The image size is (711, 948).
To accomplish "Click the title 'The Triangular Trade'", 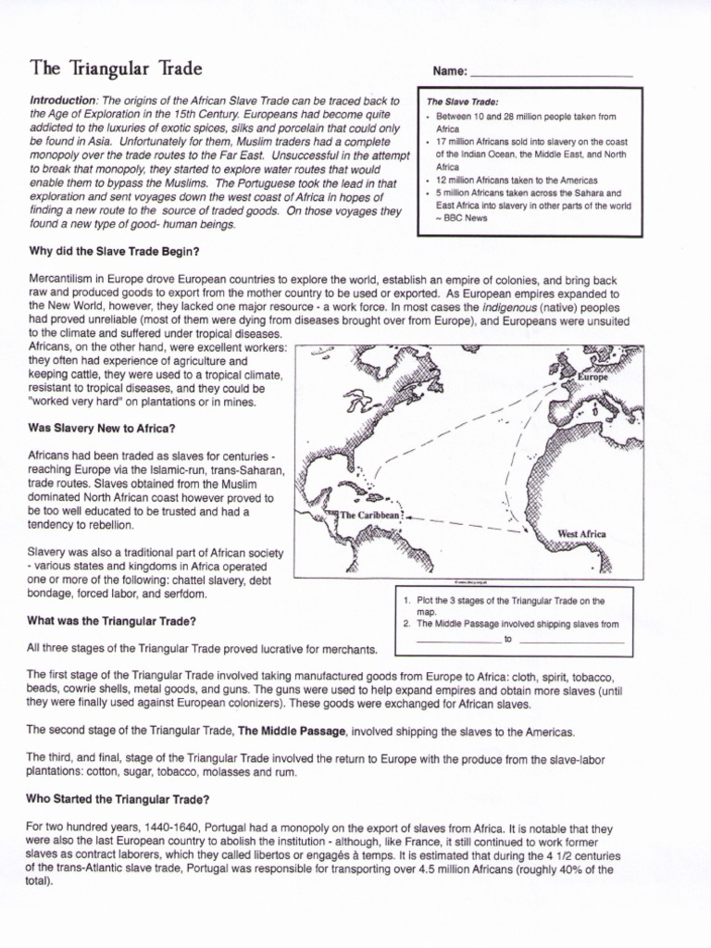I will tap(116, 69).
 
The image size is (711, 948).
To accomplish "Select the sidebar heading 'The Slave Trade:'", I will tap(461, 101).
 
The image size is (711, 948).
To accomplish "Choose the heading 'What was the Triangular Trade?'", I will tap(111, 620).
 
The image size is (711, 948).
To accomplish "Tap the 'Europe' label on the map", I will tap(592, 378).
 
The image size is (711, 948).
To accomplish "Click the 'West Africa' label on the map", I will tap(581, 534).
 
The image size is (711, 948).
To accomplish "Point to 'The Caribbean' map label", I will tap(370, 515).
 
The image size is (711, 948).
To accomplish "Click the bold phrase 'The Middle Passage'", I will tap(293, 731).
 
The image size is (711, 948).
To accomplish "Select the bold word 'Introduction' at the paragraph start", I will tap(63, 101).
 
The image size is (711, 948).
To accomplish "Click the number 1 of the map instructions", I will tap(406, 601).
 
